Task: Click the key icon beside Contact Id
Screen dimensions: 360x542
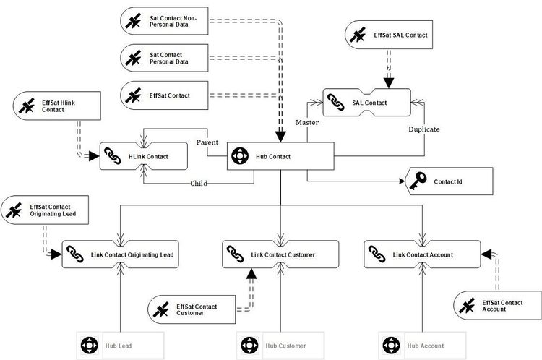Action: pos(417,181)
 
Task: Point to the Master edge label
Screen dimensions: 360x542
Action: pos(308,124)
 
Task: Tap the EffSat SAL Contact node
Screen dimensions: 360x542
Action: pos(391,34)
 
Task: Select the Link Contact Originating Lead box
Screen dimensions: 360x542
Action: pos(121,254)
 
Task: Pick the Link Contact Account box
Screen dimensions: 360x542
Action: pos(421,254)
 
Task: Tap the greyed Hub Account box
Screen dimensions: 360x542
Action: pos(421,346)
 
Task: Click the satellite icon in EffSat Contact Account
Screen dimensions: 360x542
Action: pos(465,305)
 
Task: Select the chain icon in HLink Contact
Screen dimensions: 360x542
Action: pos(111,155)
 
